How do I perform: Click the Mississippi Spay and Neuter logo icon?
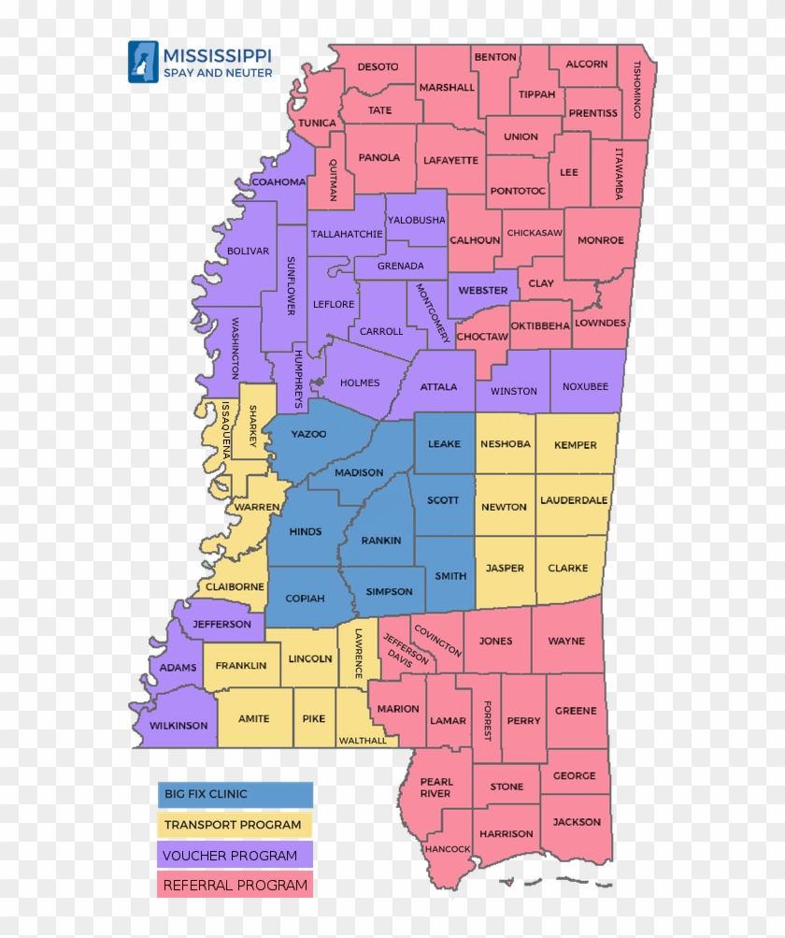coord(143,61)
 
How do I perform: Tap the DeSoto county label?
coord(378,66)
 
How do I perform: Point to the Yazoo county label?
coord(308,434)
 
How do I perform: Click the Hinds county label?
coord(306,531)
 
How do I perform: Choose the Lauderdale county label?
coord(574,500)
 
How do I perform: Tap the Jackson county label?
coord(577,821)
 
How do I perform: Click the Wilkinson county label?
coord(178,725)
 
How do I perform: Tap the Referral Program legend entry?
coord(235,885)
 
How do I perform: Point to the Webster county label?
coord(483,290)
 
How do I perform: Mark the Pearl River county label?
coord(435,787)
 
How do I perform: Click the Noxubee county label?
coord(585,386)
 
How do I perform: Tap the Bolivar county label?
coord(248,251)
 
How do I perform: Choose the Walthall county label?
coord(364,740)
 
